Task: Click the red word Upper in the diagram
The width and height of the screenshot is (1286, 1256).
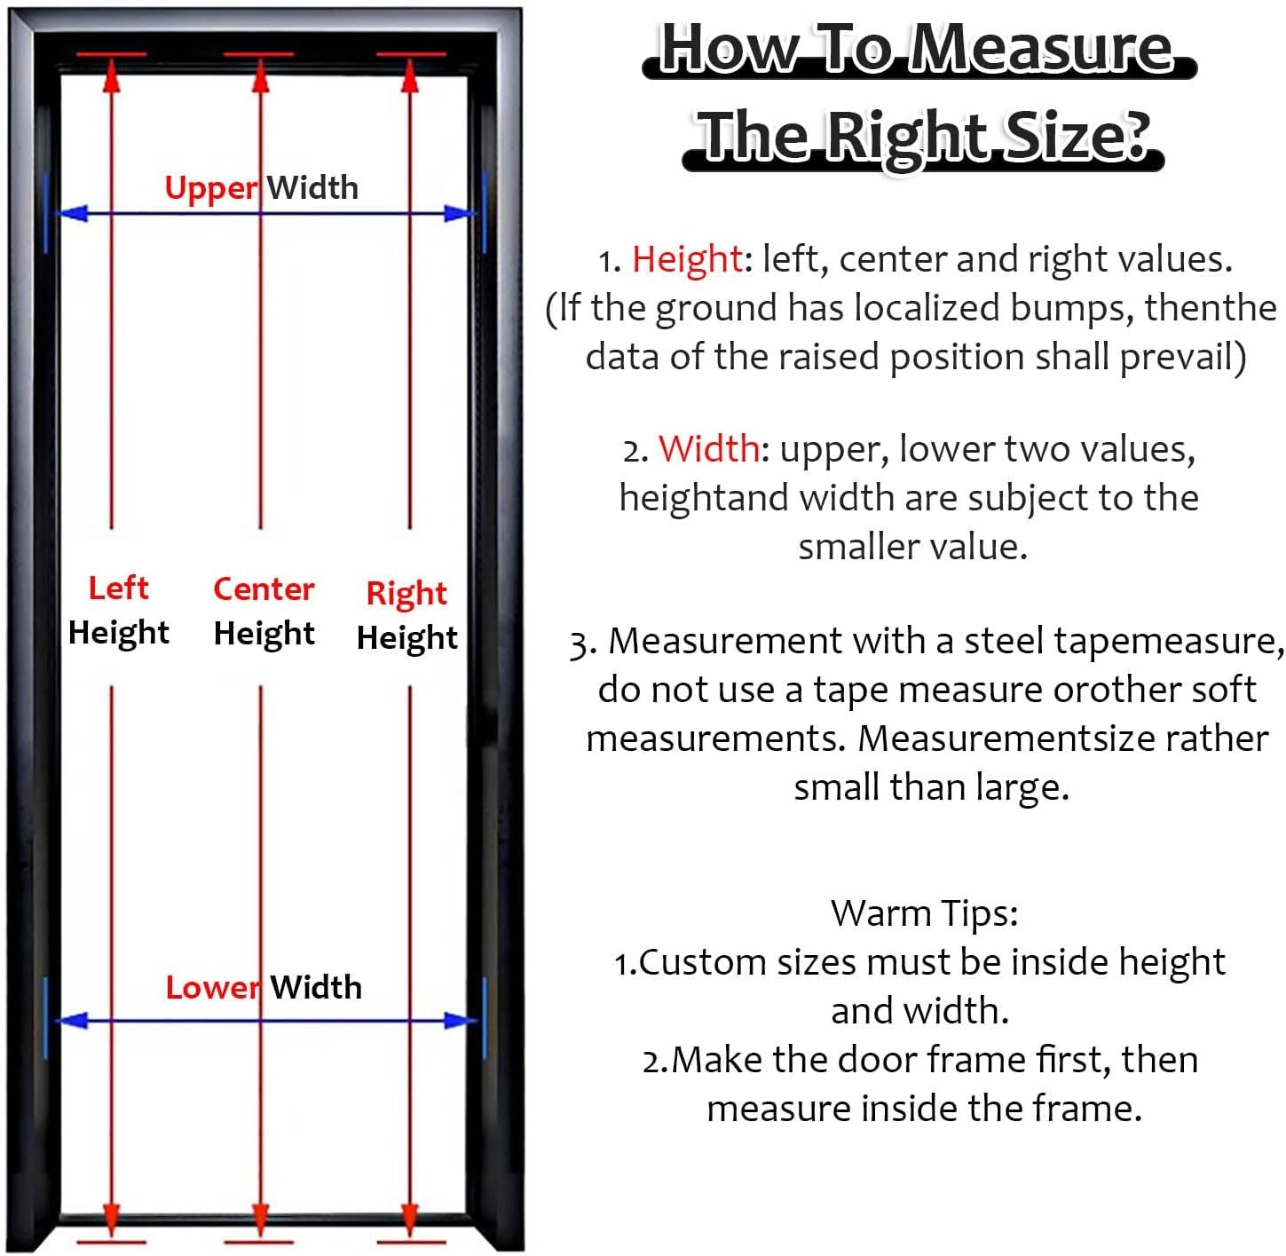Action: pos(211,189)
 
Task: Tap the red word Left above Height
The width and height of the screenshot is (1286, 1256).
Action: pos(118,588)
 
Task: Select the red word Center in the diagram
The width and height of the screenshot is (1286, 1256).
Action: pos(264,589)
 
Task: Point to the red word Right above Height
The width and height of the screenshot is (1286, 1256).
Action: pos(406,593)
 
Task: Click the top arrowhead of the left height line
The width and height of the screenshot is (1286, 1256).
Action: pos(112,75)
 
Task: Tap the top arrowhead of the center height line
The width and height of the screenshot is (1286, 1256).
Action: pos(260,75)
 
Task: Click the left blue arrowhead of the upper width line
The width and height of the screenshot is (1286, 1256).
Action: pos(71,213)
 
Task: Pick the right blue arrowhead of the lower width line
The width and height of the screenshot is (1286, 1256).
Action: pos(460,1021)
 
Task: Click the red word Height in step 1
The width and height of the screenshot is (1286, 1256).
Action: pos(687,259)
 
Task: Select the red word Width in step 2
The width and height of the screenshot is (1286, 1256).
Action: pos(708,449)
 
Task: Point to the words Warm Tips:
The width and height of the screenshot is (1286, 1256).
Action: pos(924,913)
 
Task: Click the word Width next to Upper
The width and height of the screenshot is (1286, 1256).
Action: pos(312,188)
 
